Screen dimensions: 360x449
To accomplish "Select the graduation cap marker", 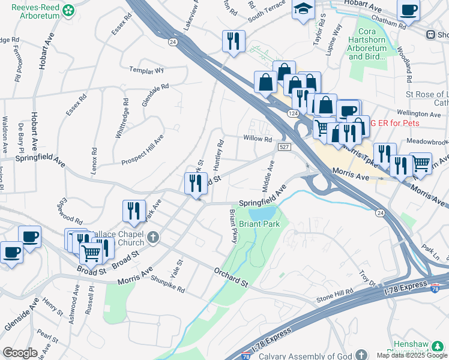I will tap(303, 10).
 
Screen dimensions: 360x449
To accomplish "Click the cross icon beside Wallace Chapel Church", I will tap(153, 238).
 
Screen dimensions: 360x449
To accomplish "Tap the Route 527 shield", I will tap(285, 147).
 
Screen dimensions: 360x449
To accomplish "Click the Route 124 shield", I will tap(292, 113).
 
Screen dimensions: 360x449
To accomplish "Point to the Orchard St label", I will tap(231, 277).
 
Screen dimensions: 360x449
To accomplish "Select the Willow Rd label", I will tap(258, 139).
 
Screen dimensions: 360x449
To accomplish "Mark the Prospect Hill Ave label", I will tap(143, 150).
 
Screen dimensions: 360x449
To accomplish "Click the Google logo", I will tap(20, 353).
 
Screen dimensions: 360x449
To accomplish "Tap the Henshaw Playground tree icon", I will tap(438, 346).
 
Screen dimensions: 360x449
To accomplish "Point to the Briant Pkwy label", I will tap(234, 226).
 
